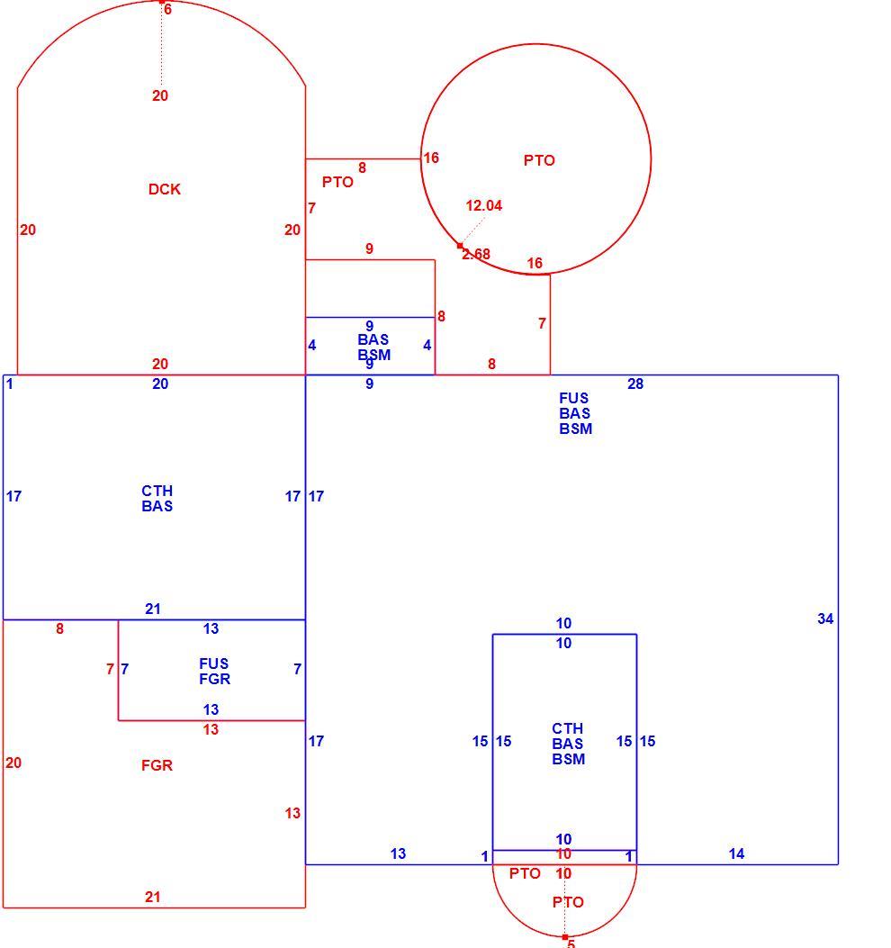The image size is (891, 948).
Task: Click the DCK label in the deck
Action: (165, 189)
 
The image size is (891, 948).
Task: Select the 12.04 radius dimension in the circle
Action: (483, 205)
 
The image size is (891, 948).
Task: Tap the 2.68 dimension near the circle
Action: (476, 255)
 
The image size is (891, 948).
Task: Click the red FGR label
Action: (157, 765)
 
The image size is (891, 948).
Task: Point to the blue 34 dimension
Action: (825, 618)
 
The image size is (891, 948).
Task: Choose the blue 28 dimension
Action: (635, 384)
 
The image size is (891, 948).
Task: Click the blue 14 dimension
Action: (736, 853)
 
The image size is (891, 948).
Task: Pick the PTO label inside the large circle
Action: (539, 161)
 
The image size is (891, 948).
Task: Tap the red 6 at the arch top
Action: (167, 10)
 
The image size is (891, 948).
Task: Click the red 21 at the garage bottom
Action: (153, 898)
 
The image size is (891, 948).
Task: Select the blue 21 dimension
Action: (153, 609)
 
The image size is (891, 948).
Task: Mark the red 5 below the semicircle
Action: (571, 943)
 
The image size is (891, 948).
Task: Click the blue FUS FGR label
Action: (214, 672)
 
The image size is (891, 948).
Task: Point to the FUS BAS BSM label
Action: (575, 413)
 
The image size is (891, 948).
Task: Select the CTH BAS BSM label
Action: (568, 744)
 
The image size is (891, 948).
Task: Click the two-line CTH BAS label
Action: (157, 499)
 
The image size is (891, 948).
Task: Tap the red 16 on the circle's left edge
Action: (431, 158)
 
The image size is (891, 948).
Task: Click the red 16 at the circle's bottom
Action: (535, 264)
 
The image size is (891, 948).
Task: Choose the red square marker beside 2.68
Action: (460, 246)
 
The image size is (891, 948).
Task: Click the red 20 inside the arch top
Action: (160, 95)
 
